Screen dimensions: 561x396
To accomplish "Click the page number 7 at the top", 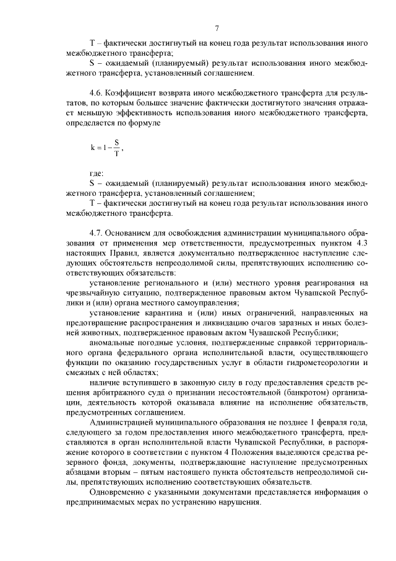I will tap(217, 28).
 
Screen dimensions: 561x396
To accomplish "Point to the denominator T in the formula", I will tap(115, 154).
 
